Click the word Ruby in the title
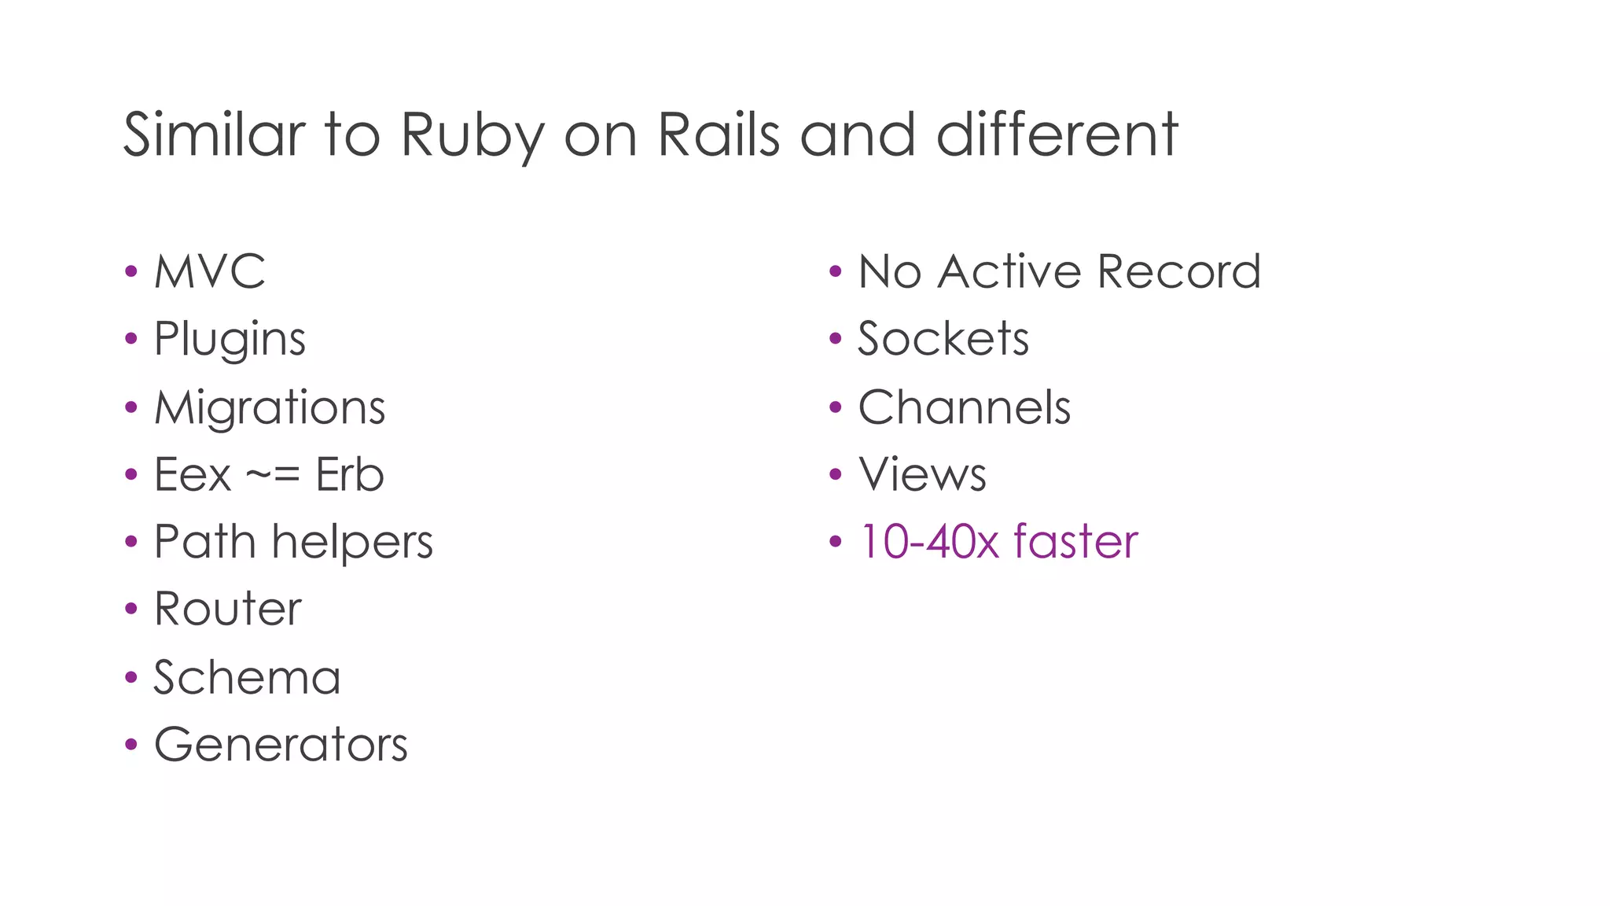point(471,135)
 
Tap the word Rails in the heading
point(718,135)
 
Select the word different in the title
point(1057,135)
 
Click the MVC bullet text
point(210,272)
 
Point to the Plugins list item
point(230,340)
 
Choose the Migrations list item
point(270,407)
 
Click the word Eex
point(193,475)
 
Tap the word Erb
point(350,475)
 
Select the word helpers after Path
point(352,543)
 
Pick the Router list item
point(228,610)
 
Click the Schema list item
point(247,677)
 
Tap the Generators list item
point(281,745)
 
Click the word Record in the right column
point(1178,272)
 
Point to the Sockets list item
point(943,340)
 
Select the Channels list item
point(965,407)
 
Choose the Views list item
point(922,475)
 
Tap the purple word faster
point(1075,543)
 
